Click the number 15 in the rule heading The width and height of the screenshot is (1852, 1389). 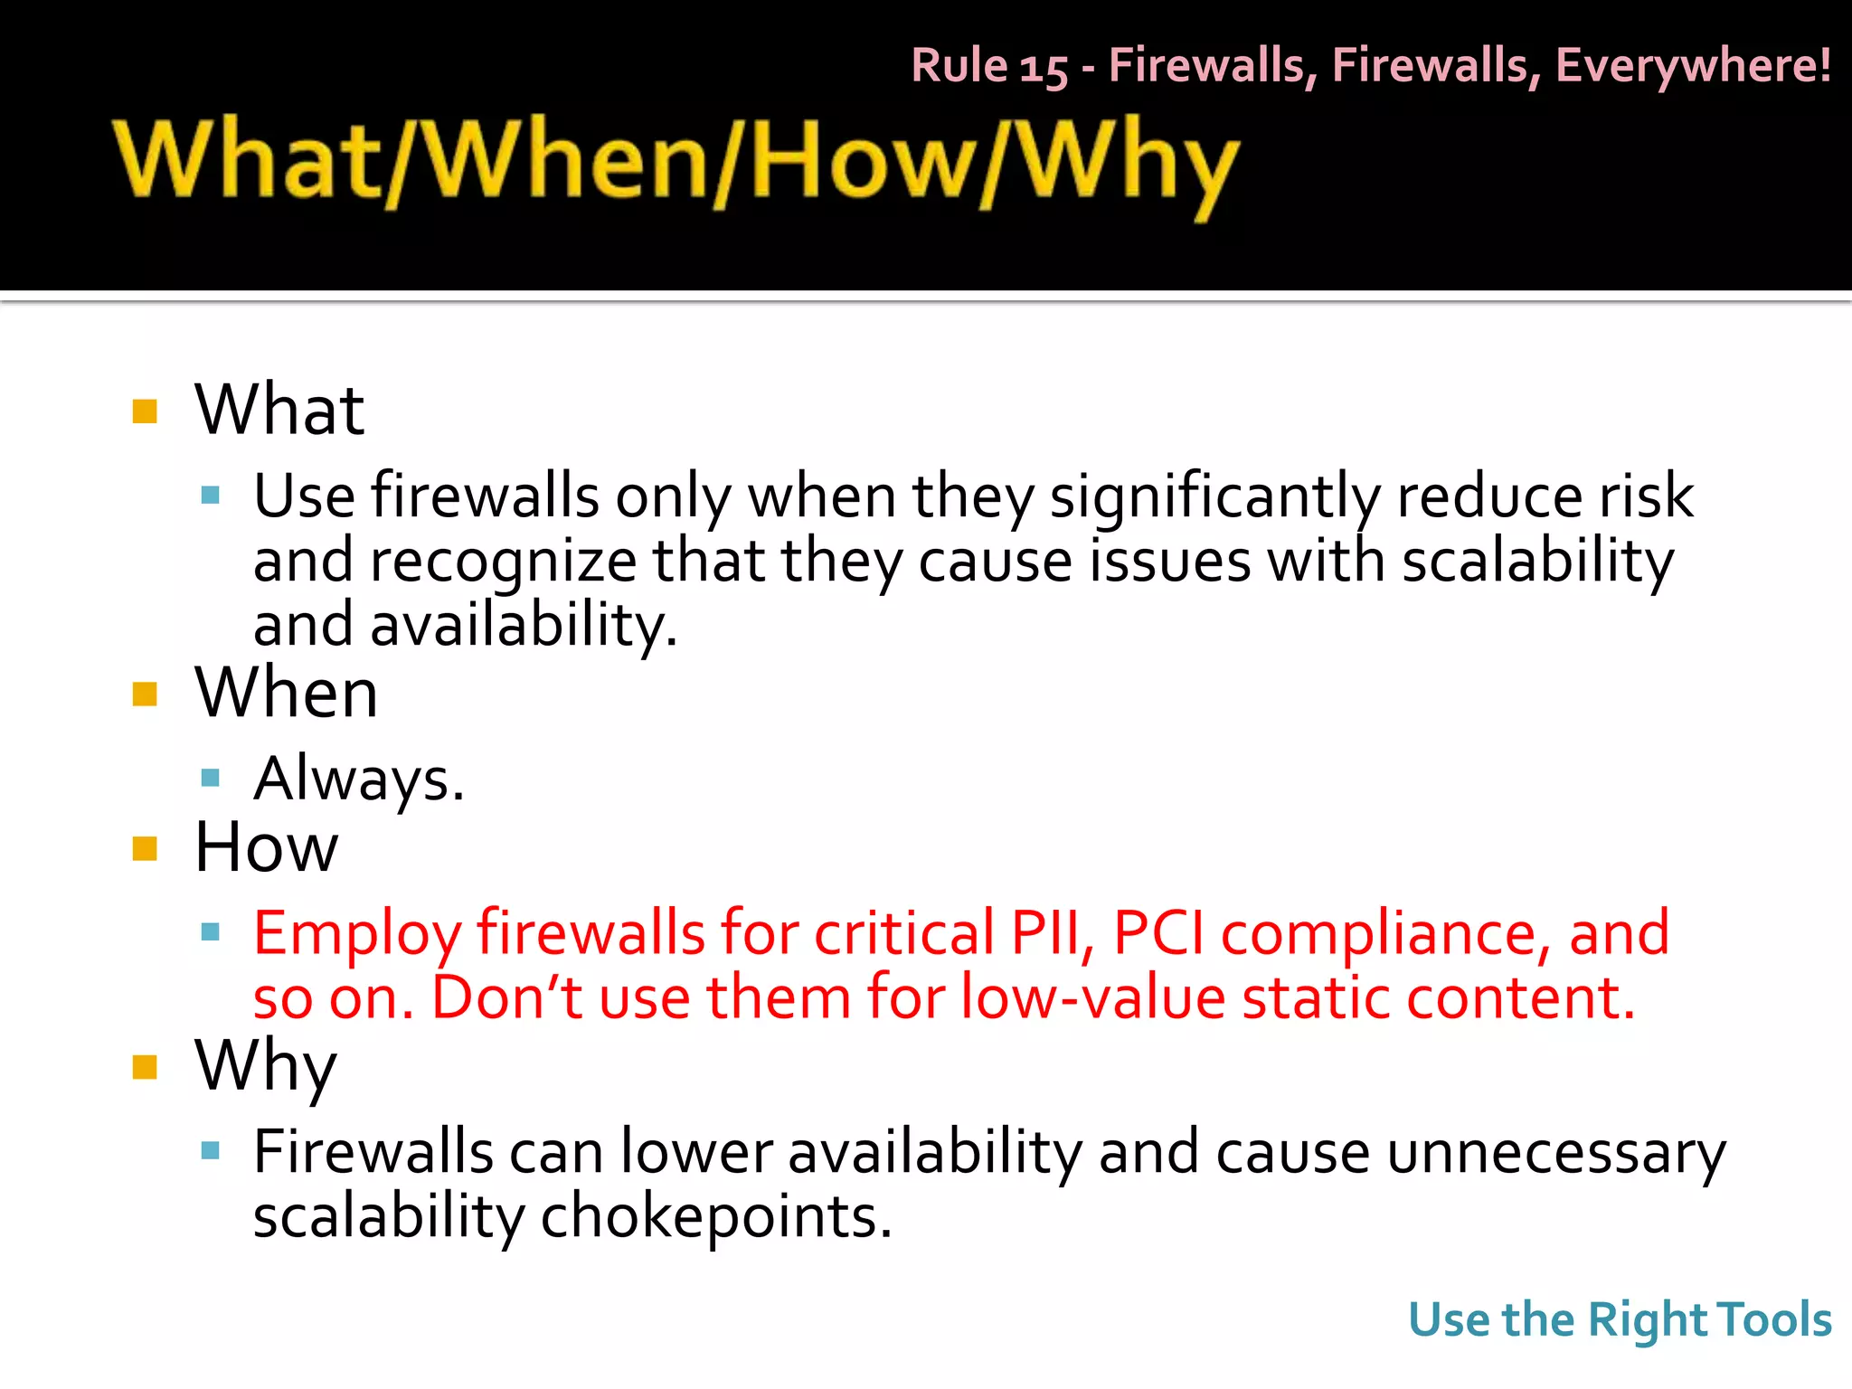coord(1044,68)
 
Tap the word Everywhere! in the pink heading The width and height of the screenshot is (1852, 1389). coord(1693,66)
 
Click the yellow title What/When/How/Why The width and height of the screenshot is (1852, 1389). coord(676,165)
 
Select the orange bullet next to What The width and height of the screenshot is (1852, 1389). coord(145,411)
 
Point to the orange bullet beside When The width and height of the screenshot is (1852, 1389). coord(145,694)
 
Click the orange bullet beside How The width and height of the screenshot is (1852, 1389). coord(145,848)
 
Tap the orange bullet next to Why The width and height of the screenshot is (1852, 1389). coord(145,1067)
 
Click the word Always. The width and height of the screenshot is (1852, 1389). coord(359,779)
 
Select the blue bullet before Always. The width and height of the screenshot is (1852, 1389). coord(211,777)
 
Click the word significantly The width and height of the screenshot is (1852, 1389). coord(1214,496)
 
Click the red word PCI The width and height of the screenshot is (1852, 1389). coord(1159,933)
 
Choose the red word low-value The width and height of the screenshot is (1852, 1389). coord(1092,997)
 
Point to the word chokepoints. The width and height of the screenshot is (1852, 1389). coord(716,1217)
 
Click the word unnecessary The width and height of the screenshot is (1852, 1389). coord(1555,1153)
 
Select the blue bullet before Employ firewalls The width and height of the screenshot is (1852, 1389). coord(211,931)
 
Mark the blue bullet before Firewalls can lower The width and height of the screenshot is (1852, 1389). coord(211,1150)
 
